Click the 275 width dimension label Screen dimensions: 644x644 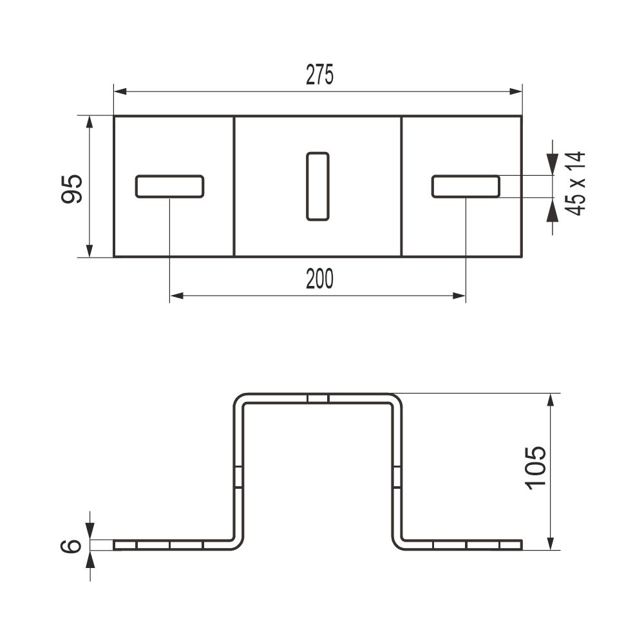coord(319,75)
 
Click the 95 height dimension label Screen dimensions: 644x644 coord(72,189)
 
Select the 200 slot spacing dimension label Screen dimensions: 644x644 coord(319,278)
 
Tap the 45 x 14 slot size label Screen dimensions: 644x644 coord(575,183)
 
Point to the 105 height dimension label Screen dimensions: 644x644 coord(536,468)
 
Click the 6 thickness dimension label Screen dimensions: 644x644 coord(71,546)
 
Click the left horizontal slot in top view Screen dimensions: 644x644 coord(169,187)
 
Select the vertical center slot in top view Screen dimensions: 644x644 coord(317,187)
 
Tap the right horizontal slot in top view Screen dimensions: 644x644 coord(466,187)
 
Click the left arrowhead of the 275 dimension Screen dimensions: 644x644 coord(120,91)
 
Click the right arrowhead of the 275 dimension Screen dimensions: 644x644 coord(515,91)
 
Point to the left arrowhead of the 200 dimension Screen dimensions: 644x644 coord(176,296)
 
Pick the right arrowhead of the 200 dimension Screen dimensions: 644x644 coord(459,296)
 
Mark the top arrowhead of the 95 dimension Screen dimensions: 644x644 coord(90,122)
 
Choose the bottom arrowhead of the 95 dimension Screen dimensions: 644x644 coord(90,251)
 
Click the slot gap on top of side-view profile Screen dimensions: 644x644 coord(318,399)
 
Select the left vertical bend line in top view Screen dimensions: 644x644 coord(234,187)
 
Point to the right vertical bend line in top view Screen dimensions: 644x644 coord(401,187)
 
